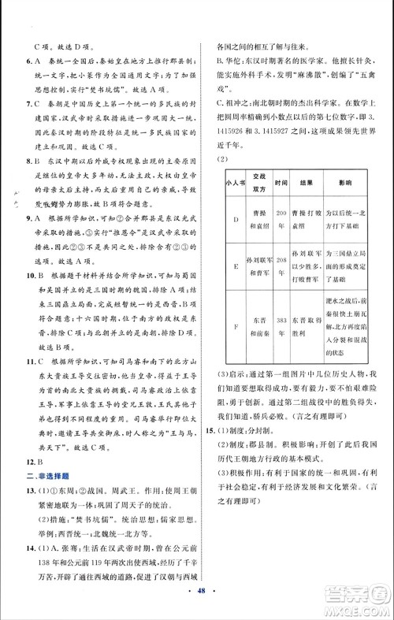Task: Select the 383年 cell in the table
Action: pyautogui.click(x=282, y=351)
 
